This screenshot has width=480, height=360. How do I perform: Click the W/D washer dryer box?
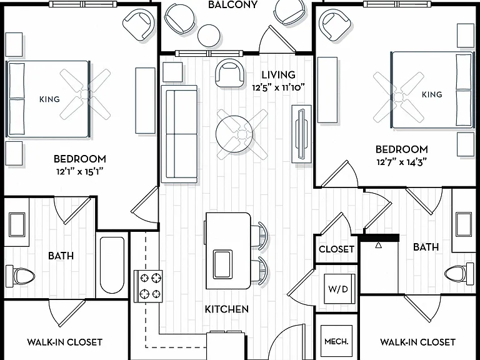point(338,288)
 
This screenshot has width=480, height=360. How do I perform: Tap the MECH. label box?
point(336,341)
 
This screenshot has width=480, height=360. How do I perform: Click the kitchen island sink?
point(222,264)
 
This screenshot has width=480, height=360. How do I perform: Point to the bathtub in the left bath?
point(112,265)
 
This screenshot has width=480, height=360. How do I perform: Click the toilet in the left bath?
point(21,276)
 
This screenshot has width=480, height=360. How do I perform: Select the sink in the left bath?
point(17,225)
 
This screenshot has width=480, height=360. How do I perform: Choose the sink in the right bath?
point(464,224)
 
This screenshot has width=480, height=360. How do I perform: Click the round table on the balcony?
point(209,36)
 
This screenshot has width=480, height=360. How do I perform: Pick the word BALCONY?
point(232,4)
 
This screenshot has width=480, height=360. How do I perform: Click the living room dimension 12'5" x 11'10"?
point(278,88)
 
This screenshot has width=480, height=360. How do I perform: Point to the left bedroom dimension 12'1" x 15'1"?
point(79,172)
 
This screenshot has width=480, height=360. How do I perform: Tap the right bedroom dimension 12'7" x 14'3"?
point(401,162)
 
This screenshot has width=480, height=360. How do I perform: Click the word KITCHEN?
point(227,309)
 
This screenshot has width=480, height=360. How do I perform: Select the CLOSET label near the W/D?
point(336,249)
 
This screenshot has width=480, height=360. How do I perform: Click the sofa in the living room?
point(180,134)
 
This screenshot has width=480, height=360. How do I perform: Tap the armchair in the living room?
point(230,73)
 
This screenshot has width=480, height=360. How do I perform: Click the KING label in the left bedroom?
point(49,99)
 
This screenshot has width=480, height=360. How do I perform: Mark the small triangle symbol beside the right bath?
point(379,245)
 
